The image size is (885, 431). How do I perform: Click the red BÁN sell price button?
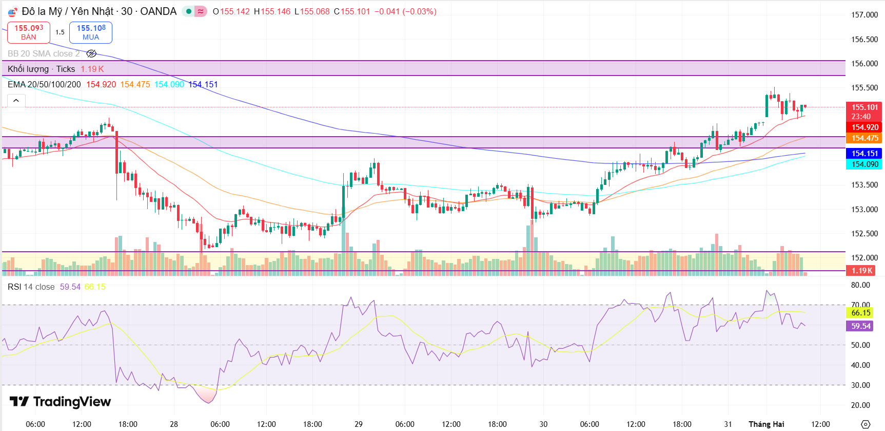(x=29, y=32)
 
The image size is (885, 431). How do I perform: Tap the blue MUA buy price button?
(x=91, y=32)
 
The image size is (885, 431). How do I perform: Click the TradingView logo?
(x=60, y=401)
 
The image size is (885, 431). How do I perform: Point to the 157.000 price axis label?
(x=864, y=15)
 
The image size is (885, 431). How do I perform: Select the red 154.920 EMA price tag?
(x=864, y=127)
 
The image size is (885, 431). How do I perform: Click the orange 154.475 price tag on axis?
(x=864, y=138)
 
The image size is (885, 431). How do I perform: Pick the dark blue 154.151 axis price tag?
(x=864, y=154)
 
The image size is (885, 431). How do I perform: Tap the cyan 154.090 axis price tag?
(x=864, y=164)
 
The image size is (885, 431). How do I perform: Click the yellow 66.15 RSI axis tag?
(x=861, y=313)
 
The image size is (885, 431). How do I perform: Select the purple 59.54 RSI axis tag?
(x=861, y=326)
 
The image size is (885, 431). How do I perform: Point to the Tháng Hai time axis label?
(x=766, y=424)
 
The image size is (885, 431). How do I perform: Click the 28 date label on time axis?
(x=174, y=424)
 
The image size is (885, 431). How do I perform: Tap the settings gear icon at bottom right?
(x=866, y=424)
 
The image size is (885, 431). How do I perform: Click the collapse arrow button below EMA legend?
(x=16, y=101)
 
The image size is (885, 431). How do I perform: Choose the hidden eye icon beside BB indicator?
(x=91, y=53)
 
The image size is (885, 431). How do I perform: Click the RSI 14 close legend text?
(x=31, y=287)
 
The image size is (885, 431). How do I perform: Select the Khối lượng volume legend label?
(x=28, y=69)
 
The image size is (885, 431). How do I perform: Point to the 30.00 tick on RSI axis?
(x=860, y=385)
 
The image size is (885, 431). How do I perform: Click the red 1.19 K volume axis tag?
(x=862, y=271)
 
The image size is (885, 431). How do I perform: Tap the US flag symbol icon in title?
(x=13, y=12)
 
